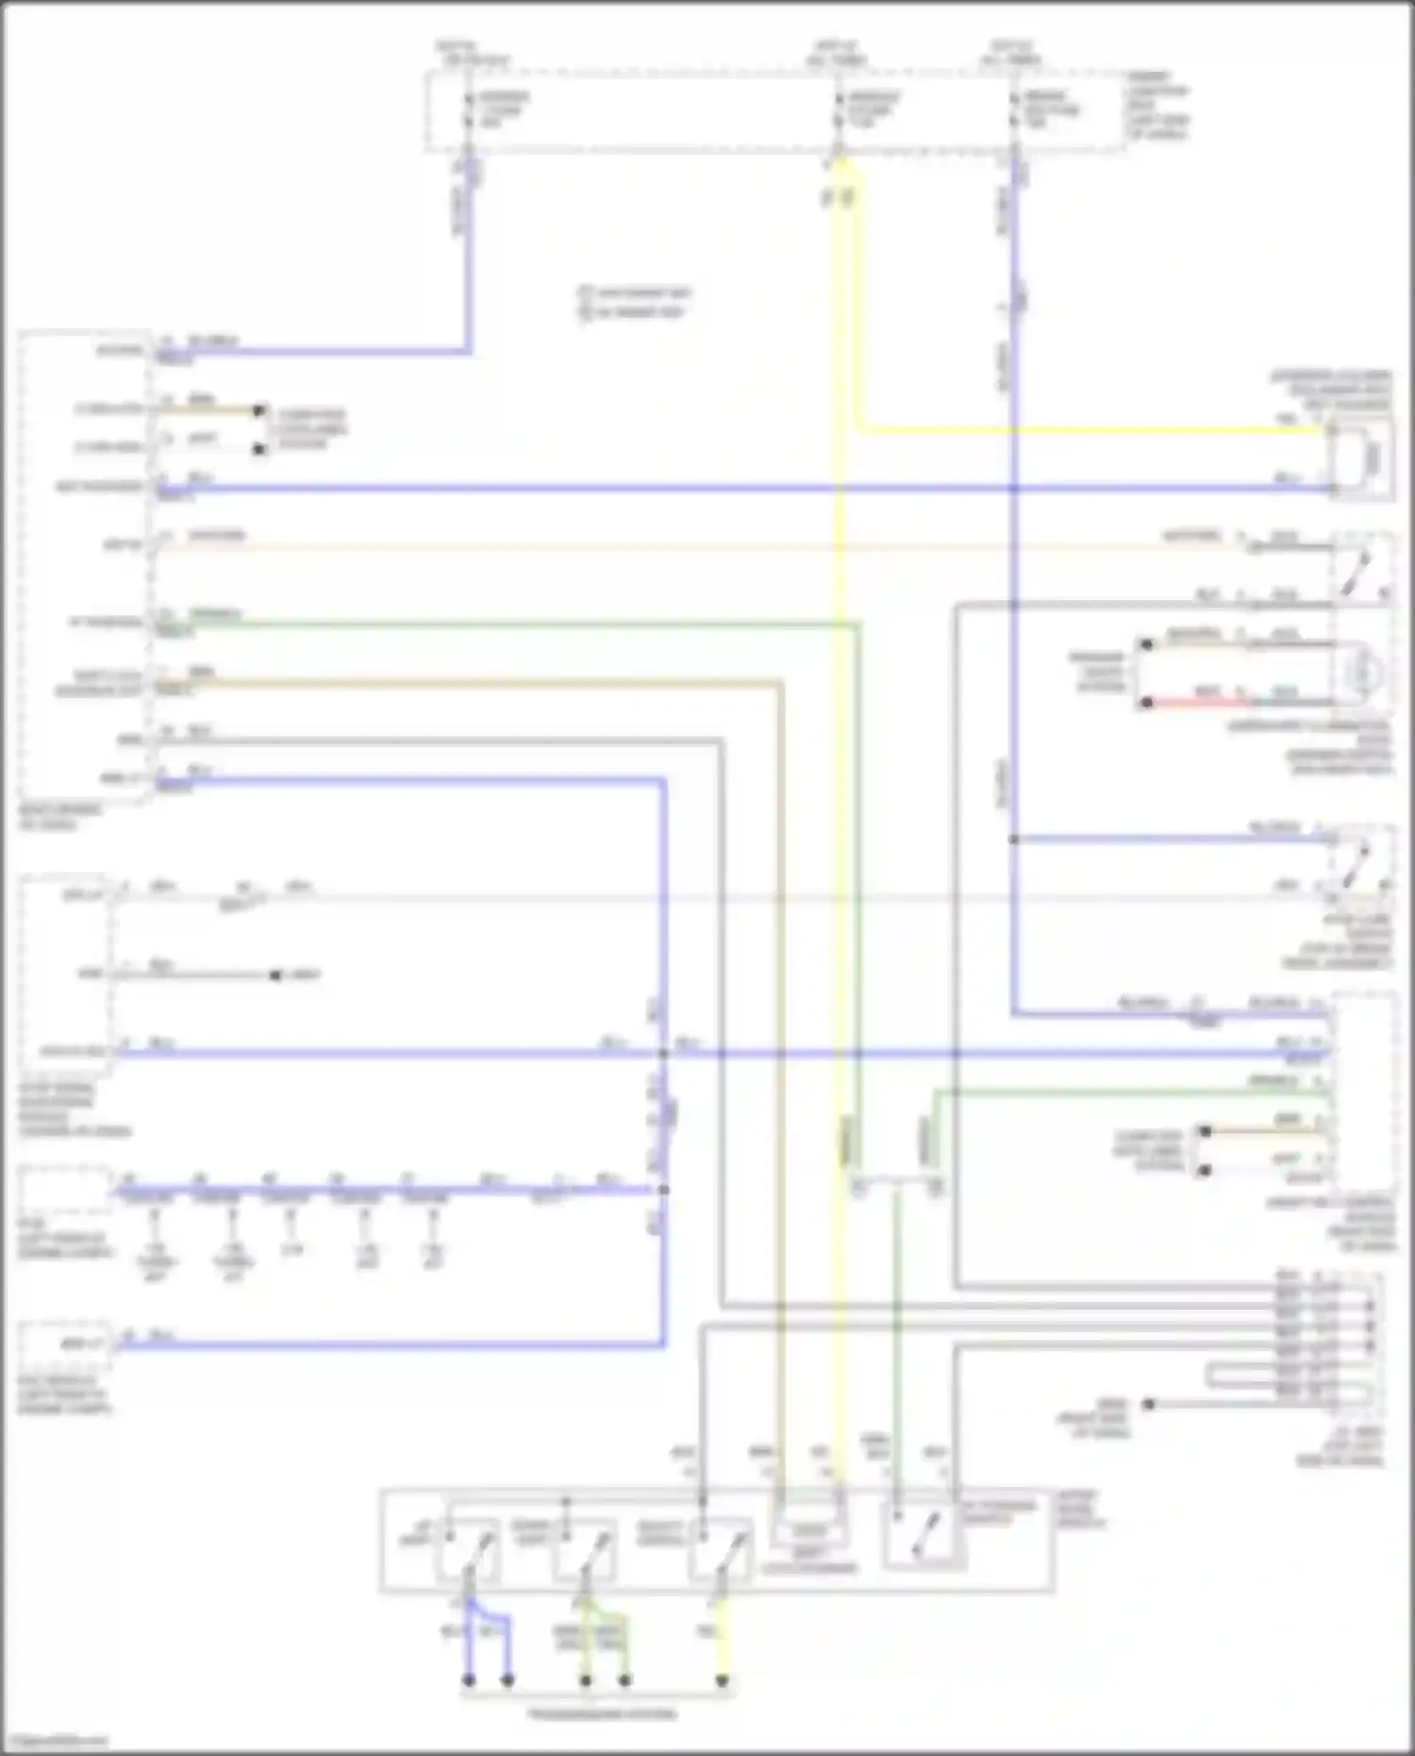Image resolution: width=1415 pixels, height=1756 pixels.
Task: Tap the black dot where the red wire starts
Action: tap(1146, 703)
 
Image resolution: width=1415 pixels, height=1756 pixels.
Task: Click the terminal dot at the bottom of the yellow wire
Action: tap(722, 1681)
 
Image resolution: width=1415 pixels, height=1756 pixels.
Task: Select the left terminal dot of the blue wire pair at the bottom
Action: tap(468, 1681)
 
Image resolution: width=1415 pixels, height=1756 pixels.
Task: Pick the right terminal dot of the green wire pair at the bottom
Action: tap(624, 1681)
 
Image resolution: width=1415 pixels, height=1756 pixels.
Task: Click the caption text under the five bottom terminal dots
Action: tap(601, 1713)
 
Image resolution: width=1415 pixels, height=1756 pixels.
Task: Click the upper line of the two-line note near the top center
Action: tap(635, 293)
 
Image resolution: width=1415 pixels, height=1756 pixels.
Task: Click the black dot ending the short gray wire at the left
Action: tap(275, 975)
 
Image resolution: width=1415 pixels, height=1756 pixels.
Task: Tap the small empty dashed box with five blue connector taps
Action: tap(64, 1190)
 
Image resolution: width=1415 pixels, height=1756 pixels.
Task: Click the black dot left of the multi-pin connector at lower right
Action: tap(1149, 1404)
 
